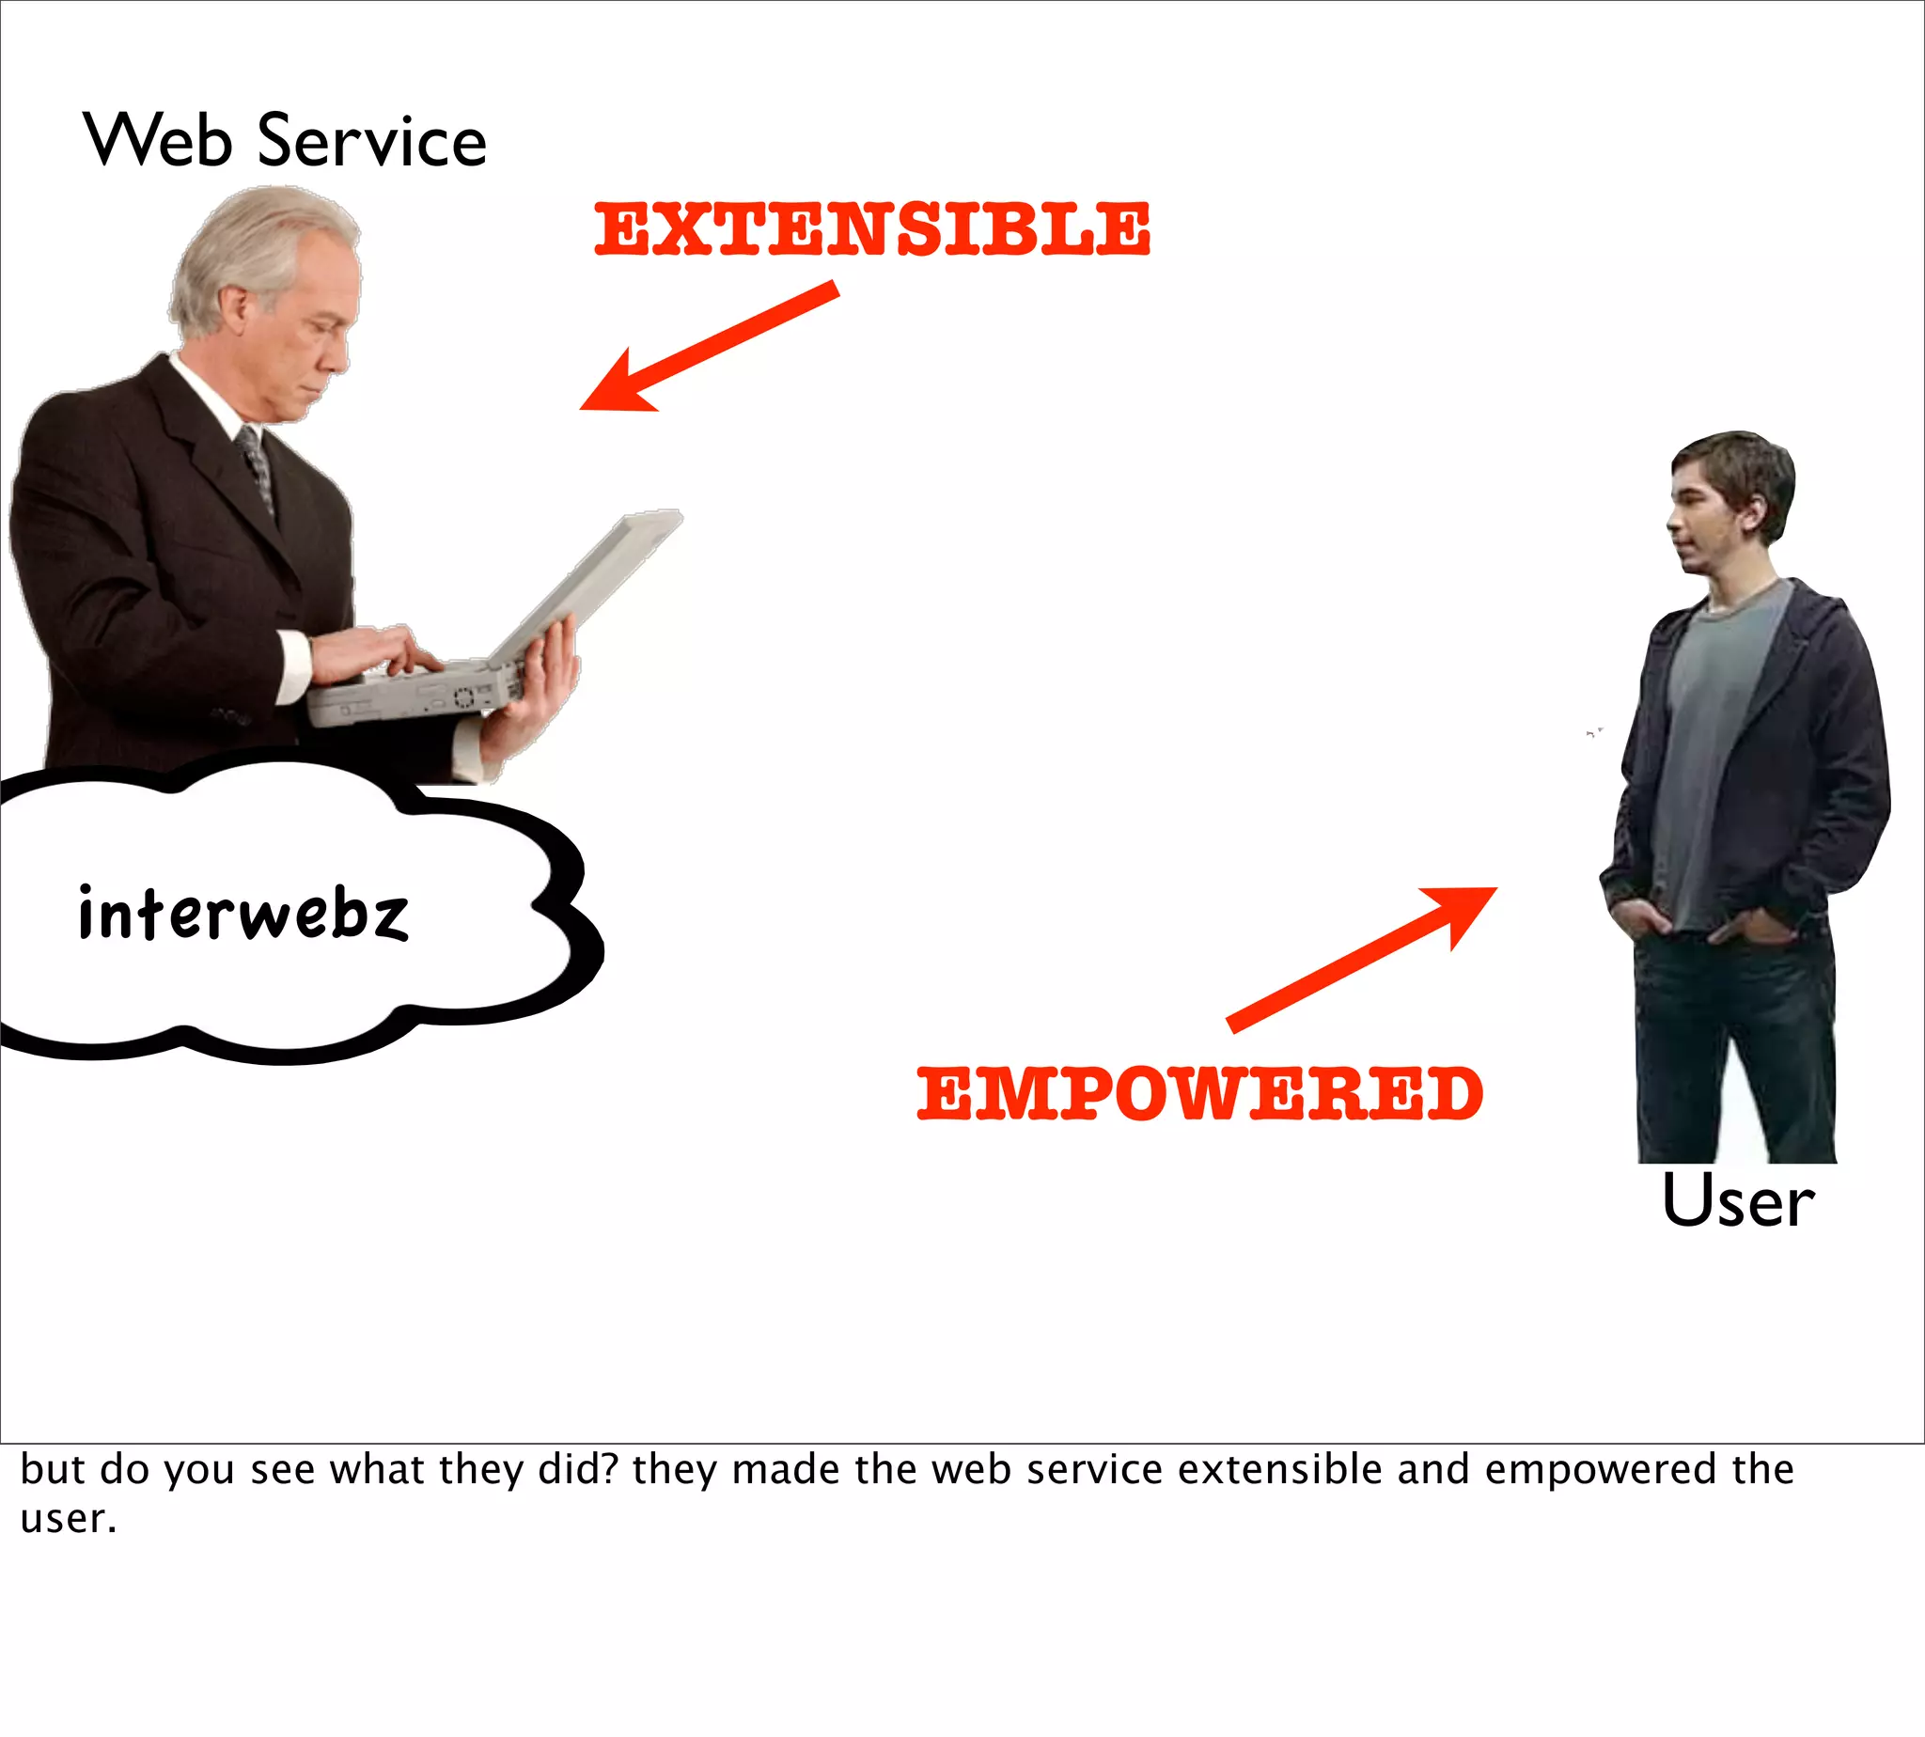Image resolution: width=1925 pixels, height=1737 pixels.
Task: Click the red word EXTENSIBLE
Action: pos(872,230)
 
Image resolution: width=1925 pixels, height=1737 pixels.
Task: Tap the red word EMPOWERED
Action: pos(1199,1094)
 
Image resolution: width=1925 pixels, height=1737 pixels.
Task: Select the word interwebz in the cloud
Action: pos(243,914)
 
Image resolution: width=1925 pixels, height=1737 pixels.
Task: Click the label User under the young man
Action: pos(1738,1201)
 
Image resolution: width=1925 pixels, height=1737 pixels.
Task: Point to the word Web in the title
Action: pos(159,140)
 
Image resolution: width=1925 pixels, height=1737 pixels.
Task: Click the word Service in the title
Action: pos(372,140)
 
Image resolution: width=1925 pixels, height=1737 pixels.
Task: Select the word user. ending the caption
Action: pos(68,1519)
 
